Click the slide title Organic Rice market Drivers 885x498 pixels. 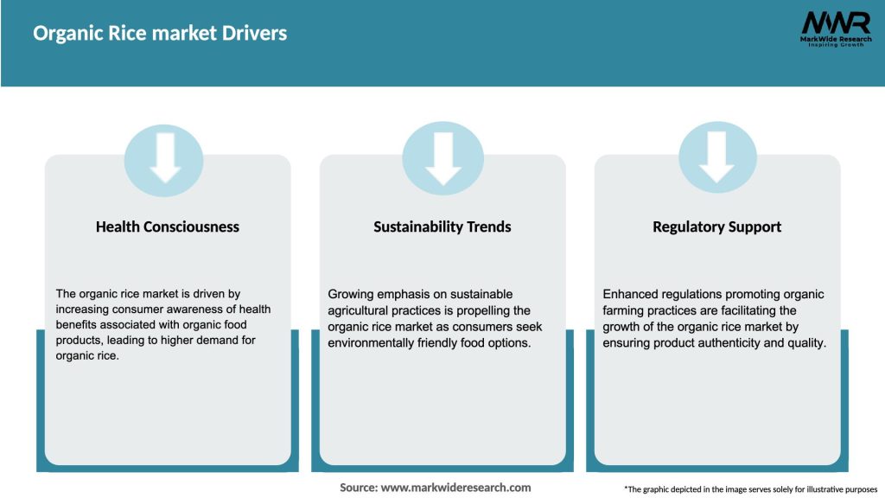pos(160,34)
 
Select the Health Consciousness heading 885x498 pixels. pos(168,227)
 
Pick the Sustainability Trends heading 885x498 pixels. pos(442,227)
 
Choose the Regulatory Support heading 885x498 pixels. pos(716,227)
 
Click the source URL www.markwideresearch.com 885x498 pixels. pos(456,488)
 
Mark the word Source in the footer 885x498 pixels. pos(358,488)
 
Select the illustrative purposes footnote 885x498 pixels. pos(750,489)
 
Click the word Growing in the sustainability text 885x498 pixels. pos(352,295)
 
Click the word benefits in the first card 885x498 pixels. pos(80,326)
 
